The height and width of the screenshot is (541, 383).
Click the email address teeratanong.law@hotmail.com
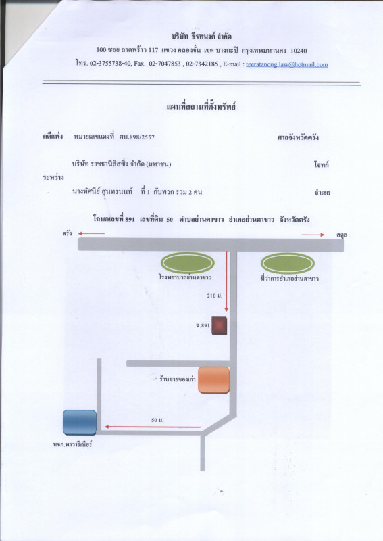click(x=287, y=64)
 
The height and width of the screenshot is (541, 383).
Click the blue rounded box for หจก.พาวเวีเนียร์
click(x=80, y=422)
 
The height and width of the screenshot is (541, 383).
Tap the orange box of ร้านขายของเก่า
click(x=213, y=380)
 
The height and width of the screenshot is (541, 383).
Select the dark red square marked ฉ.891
click(x=220, y=325)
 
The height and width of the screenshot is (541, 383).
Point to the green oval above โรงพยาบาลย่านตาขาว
click(x=188, y=263)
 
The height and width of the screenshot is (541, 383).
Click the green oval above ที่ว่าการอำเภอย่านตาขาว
click(x=288, y=263)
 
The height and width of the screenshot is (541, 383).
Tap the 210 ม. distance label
click(x=214, y=296)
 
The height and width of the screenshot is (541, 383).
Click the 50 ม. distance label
click(x=157, y=420)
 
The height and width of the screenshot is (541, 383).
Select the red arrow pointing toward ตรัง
click(x=91, y=233)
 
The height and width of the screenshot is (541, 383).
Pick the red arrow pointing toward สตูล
click(x=313, y=235)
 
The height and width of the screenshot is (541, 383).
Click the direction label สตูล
click(x=342, y=235)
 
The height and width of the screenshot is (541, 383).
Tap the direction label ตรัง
click(x=68, y=233)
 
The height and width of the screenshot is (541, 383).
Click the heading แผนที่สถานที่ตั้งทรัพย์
click(x=201, y=107)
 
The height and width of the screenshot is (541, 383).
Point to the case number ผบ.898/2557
click(x=137, y=137)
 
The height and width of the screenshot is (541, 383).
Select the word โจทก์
click(x=322, y=164)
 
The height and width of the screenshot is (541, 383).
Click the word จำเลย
click(x=322, y=193)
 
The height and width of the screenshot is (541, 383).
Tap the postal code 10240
click(x=299, y=51)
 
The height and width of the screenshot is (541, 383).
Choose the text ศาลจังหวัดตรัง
click(x=298, y=138)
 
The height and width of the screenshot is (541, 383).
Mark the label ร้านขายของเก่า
click(x=178, y=379)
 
